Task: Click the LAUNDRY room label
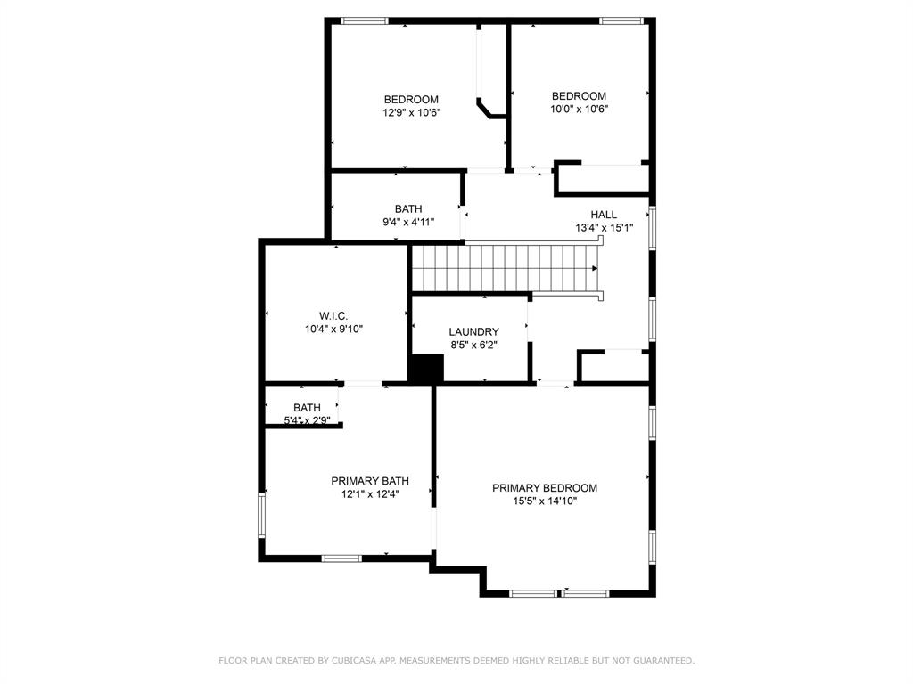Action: click(473, 332)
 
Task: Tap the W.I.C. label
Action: click(333, 316)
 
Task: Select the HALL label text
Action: click(604, 215)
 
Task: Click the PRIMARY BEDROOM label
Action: click(545, 488)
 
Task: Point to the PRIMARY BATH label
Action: click(370, 481)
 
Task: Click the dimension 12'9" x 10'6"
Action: click(412, 113)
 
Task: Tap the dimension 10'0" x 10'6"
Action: click(579, 110)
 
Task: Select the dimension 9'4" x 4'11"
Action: click(407, 223)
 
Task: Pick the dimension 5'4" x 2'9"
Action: click(307, 420)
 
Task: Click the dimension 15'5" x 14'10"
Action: click(545, 501)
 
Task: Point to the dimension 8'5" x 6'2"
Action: click(473, 346)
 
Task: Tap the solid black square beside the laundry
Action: click(426, 369)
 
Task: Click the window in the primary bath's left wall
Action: click(262, 516)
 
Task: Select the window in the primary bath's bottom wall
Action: click(341, 558)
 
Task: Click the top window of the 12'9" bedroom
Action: click(365, 20)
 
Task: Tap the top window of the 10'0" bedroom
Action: click(622, 20)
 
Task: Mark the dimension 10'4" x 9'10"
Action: click(333, 329)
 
